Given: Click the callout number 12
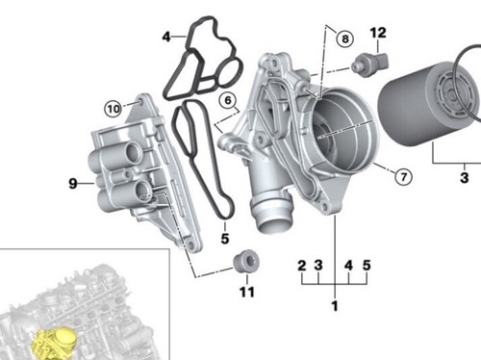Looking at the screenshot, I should click(378, 34).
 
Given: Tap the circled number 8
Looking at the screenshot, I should click(342, 39).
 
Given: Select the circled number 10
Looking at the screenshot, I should click(113, 108).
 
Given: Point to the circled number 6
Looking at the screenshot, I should click(227, 99).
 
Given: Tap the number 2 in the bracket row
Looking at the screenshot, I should click(301, 265).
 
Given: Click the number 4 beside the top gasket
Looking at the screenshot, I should click(166, 38).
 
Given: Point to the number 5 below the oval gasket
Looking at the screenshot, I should click(224, 237).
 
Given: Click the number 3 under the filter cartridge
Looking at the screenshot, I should click(464, 177).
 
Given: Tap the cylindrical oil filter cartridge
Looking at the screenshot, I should click(428, 106).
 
